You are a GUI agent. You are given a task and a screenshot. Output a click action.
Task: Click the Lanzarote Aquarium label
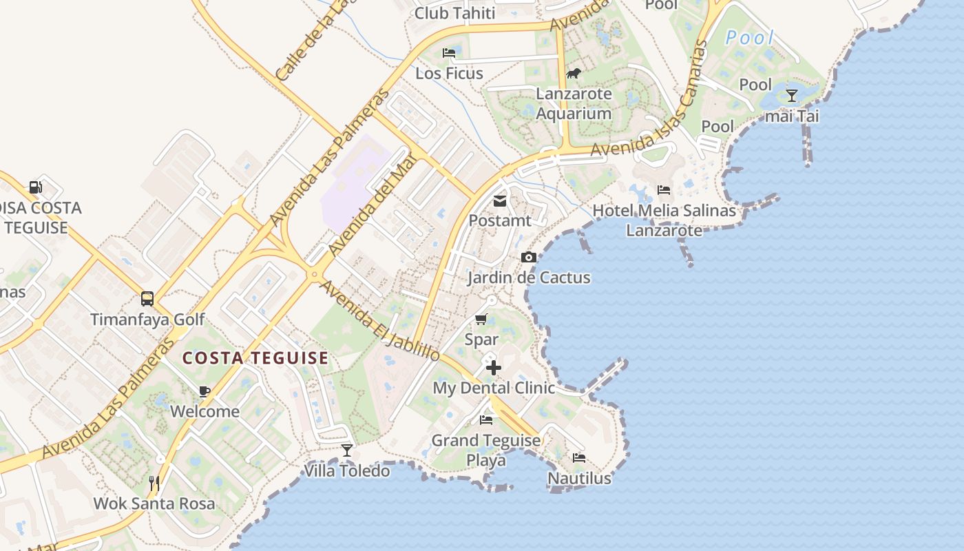pos(574,103)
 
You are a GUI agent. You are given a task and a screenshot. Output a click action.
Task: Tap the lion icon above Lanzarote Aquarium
pos(574,73)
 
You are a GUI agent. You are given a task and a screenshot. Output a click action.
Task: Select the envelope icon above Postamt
pos(500,201)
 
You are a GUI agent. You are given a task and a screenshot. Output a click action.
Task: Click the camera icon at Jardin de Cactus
pos(528,258)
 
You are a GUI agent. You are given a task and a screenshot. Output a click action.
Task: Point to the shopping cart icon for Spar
pos(481,320)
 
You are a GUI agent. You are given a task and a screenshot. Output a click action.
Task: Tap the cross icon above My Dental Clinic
pos(493,368)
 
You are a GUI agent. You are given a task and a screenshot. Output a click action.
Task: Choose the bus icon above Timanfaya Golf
pos(147,299)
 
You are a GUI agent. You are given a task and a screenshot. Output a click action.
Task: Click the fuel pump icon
pos(35,187)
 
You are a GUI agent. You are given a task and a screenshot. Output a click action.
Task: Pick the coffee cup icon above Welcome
pos(205,391)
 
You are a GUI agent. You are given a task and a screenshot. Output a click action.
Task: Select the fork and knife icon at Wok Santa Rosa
pos(154,483)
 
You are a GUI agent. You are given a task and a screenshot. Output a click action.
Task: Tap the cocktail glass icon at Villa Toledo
pos(347,450)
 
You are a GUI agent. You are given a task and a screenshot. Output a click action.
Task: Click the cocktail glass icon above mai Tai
pos(792,96)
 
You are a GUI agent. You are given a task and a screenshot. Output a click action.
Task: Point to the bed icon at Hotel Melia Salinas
pos(664,190)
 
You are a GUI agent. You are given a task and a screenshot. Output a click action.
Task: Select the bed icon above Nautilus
pos(579,457)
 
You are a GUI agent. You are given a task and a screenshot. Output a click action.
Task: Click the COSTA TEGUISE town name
pos(255,358)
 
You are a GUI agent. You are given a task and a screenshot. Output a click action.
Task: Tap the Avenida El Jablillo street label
pos(380,321)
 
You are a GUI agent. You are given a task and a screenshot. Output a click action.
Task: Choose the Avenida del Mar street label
pos(373,205)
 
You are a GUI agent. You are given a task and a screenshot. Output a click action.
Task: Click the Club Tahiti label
pos(454,13)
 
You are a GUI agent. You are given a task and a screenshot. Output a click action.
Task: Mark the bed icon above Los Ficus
pos(449,53)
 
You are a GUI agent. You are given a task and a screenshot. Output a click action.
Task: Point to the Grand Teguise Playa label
pos(486,450)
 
